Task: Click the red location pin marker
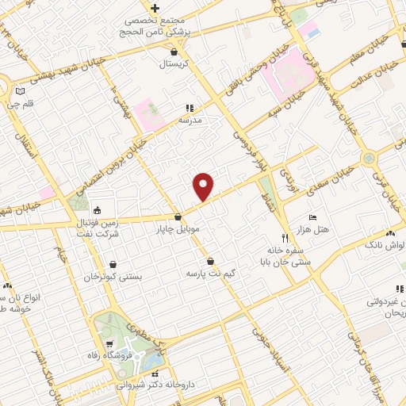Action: [x=204, y=186]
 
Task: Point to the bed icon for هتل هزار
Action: [x=312, y=216]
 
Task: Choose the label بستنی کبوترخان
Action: [x=113, y=278]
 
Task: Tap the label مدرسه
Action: [x=190, y=120]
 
